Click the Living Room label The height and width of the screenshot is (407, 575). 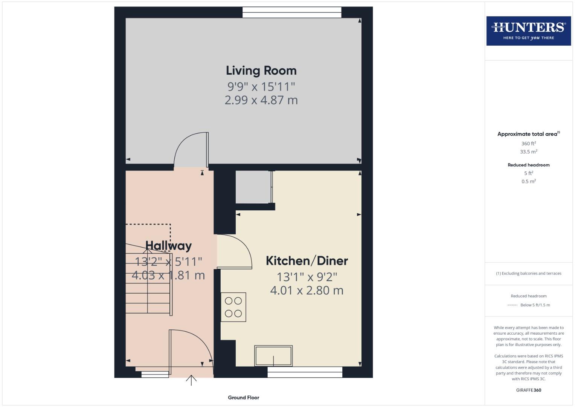[261, 70]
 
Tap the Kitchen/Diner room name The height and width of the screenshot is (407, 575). [307, 261]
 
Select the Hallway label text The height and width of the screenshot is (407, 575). [168, 246]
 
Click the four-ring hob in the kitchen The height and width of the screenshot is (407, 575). [233, 307]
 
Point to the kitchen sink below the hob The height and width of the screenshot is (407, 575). [273, 356]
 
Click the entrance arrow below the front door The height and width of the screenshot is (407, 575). [191, 380]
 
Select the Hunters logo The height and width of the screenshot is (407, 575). [528, 31]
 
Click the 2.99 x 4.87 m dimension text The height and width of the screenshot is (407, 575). [261, 100]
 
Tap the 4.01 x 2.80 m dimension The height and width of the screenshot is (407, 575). [307, 291]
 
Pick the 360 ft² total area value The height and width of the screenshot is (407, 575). [528, 144]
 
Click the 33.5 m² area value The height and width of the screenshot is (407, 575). [528, 152]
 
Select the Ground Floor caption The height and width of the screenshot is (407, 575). [243, 398]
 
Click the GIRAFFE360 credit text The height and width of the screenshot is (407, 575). [528, 390]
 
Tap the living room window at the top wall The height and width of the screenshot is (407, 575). [292, 12]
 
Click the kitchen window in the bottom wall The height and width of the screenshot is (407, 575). [305, 372]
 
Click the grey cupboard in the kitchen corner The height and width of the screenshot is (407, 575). [253, 187]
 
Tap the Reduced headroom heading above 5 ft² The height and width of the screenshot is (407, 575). [528, 165]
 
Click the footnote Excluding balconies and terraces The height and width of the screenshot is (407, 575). [528, 274]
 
